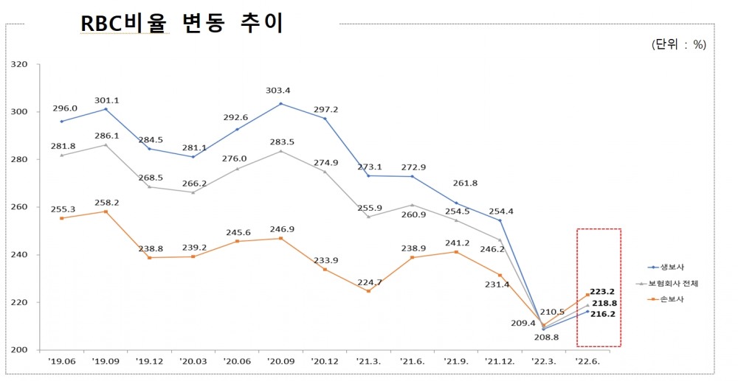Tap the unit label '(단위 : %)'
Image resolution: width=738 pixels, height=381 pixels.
[678, 45]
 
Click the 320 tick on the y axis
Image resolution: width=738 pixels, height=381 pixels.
[19, 65]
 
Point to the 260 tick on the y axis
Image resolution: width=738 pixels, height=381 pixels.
[19, 207]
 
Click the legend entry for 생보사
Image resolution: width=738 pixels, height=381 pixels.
[669, 267]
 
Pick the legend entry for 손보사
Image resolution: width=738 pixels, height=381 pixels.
[669, 298]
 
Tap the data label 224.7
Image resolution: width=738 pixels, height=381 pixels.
[368, 281]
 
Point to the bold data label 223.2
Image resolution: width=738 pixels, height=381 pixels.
[603, 292]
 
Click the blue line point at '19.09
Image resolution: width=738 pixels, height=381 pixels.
[106, 109]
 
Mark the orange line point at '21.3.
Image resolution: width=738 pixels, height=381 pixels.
[368, 291]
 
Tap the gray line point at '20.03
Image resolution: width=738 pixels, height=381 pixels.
[193, 192]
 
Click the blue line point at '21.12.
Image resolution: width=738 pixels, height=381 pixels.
[500, 220]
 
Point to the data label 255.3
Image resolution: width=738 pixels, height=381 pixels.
[64, 209]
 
